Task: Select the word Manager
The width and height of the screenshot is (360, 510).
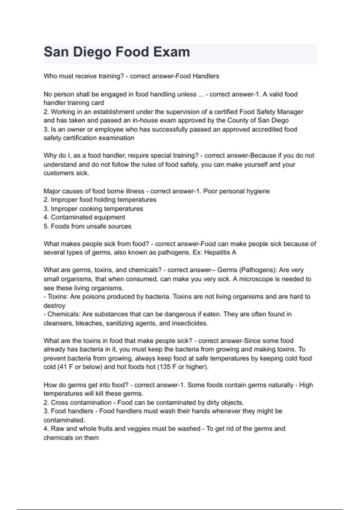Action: click(290, 112)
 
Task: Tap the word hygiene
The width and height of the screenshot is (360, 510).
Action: click(258, 191)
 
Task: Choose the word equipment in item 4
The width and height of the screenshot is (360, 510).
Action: click(109, 217)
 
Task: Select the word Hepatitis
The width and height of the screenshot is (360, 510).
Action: click(217, 252)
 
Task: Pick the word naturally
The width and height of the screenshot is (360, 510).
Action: click(277, 385)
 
